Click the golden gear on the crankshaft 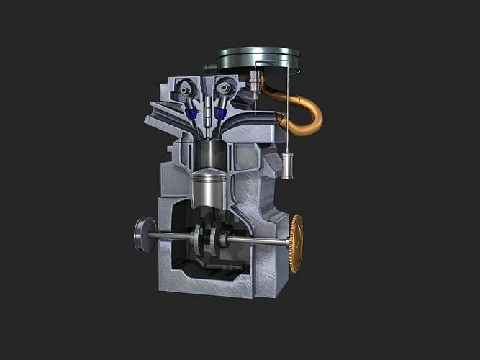(x=296, y=243)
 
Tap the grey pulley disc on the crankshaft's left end (x=144, y=235)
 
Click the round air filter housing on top (x=258, y=58)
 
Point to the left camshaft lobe (x=186, y=89)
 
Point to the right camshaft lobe (x=225, y=88)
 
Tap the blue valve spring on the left (x=191, y=113)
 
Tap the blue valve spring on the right (x=221, y=112)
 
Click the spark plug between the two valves (x=207, y=112)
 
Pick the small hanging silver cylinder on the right (x=287, y=166)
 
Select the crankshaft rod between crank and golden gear (x=259, y=241)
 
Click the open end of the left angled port (x=154, y=115)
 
